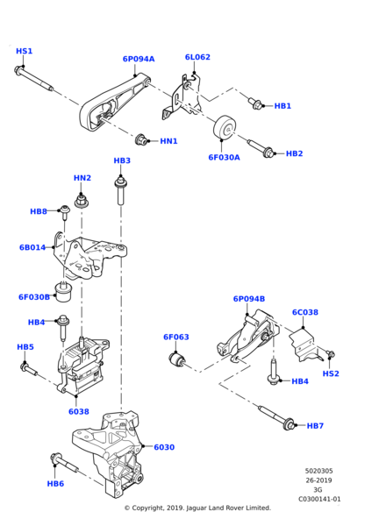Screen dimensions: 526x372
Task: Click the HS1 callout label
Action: click(x=25, y=51)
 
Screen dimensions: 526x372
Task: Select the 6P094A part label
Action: click(x=138, y=60)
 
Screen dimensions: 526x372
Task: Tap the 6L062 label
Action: click(x=197, y=58)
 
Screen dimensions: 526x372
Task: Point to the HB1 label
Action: click(x=283, y=106)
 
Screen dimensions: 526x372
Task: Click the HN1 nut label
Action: click(x=169, y=141)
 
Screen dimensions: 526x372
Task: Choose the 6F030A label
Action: click(x=224, y=158)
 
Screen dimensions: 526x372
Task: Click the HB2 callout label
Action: click(x=295, y=153)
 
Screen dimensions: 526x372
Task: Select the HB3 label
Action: click(x=122, y=160)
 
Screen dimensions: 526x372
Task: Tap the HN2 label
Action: click(x=82, y=178)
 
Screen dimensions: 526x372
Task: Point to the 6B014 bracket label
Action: click(x=32, y=247)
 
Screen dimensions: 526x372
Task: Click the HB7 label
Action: click(x=315, y=426)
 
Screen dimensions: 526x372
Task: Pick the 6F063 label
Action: click(x=175, y=336)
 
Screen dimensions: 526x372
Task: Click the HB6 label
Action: click(x=55, y=483)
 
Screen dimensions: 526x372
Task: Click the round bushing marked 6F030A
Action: click(x=227, y=130)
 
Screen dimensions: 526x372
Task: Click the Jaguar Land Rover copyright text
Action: click(x=197, y=508)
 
